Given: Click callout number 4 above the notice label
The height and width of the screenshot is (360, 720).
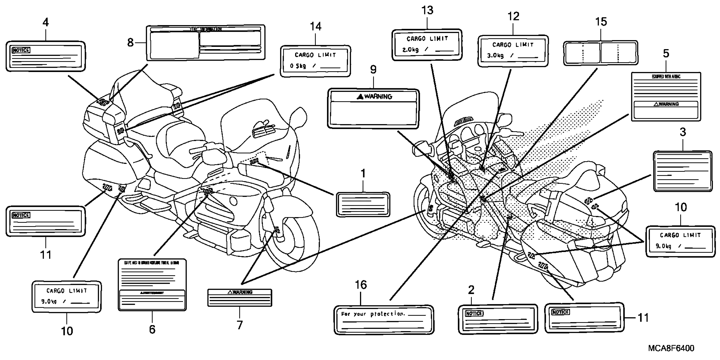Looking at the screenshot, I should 46,22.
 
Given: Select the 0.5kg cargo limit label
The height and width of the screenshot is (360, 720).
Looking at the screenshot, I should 315,61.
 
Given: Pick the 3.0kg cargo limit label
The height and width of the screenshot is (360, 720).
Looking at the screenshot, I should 513,51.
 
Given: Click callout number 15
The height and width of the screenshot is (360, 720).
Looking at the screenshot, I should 601,22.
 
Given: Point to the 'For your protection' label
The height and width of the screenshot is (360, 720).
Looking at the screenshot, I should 384,320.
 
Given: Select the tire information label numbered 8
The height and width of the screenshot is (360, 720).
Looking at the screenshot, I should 206,43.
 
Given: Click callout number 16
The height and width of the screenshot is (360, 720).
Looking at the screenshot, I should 361,285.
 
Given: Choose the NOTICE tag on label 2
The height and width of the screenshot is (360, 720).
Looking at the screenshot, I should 474,314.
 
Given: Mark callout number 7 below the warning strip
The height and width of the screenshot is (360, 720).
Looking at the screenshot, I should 240,325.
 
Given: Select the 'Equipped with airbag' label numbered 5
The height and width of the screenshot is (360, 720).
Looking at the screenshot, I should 666,96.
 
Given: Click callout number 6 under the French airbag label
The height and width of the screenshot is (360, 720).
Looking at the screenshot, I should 152,329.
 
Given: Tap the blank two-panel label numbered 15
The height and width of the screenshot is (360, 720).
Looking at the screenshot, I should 600,53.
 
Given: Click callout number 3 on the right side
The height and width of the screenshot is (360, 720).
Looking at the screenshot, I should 683,132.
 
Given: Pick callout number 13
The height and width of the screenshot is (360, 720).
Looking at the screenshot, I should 427,11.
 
